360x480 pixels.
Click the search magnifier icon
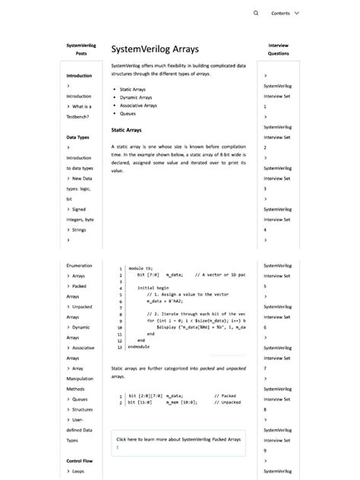pos(256,13)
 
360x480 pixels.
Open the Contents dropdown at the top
pos(286,13)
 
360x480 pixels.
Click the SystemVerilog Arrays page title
pos(155,49)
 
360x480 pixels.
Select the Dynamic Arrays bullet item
pos(137,97)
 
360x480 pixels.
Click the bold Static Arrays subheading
pos(127,130)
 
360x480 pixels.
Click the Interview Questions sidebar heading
pos(278,49)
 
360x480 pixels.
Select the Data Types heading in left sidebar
pos(78,137)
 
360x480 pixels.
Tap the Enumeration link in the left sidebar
pos(79,266)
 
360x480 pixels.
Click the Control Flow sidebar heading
pos(80,460)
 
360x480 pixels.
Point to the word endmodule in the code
pos(139,346)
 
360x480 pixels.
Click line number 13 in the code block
pos(121,346)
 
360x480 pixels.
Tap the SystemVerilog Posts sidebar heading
pos(81,49)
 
